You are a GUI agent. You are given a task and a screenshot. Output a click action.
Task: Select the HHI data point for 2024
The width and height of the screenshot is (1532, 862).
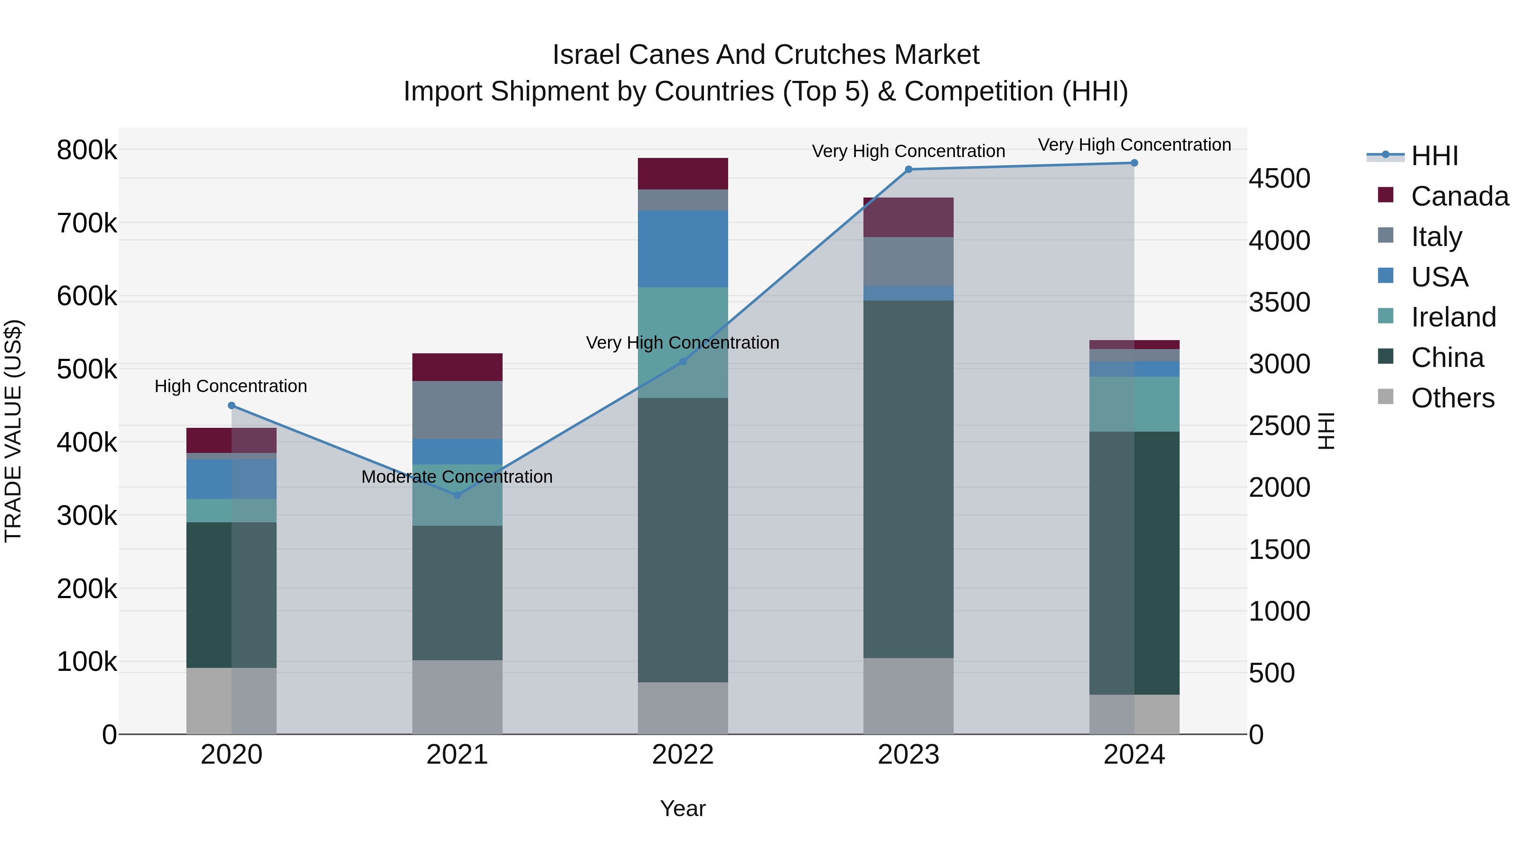1134,163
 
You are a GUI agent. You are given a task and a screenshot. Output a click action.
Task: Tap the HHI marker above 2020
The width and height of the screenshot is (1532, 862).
232,406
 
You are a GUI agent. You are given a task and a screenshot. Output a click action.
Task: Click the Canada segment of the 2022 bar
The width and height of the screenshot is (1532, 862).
682,174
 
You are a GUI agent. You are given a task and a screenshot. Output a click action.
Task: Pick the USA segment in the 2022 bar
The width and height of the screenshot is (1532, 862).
682,249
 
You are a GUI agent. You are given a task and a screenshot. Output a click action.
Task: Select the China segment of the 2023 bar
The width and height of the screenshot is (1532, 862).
908,479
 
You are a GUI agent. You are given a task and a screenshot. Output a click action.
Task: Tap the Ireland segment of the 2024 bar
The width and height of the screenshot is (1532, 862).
1134,404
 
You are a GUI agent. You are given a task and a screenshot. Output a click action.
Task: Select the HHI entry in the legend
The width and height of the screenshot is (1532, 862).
1434,156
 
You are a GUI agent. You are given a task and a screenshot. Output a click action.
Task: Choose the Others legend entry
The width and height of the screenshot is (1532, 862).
1452,398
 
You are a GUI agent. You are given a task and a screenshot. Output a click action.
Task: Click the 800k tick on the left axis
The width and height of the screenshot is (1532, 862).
87,150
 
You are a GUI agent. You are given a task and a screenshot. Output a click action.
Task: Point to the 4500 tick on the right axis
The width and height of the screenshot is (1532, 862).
1279,178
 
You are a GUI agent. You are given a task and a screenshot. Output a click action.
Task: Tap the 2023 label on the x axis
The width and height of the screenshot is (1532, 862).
908,755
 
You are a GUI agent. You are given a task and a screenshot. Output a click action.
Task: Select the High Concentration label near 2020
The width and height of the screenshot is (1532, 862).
231,386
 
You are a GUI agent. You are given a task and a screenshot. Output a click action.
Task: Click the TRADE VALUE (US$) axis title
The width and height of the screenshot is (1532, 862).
14,431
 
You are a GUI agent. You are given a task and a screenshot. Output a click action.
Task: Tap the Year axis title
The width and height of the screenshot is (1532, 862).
682,808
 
